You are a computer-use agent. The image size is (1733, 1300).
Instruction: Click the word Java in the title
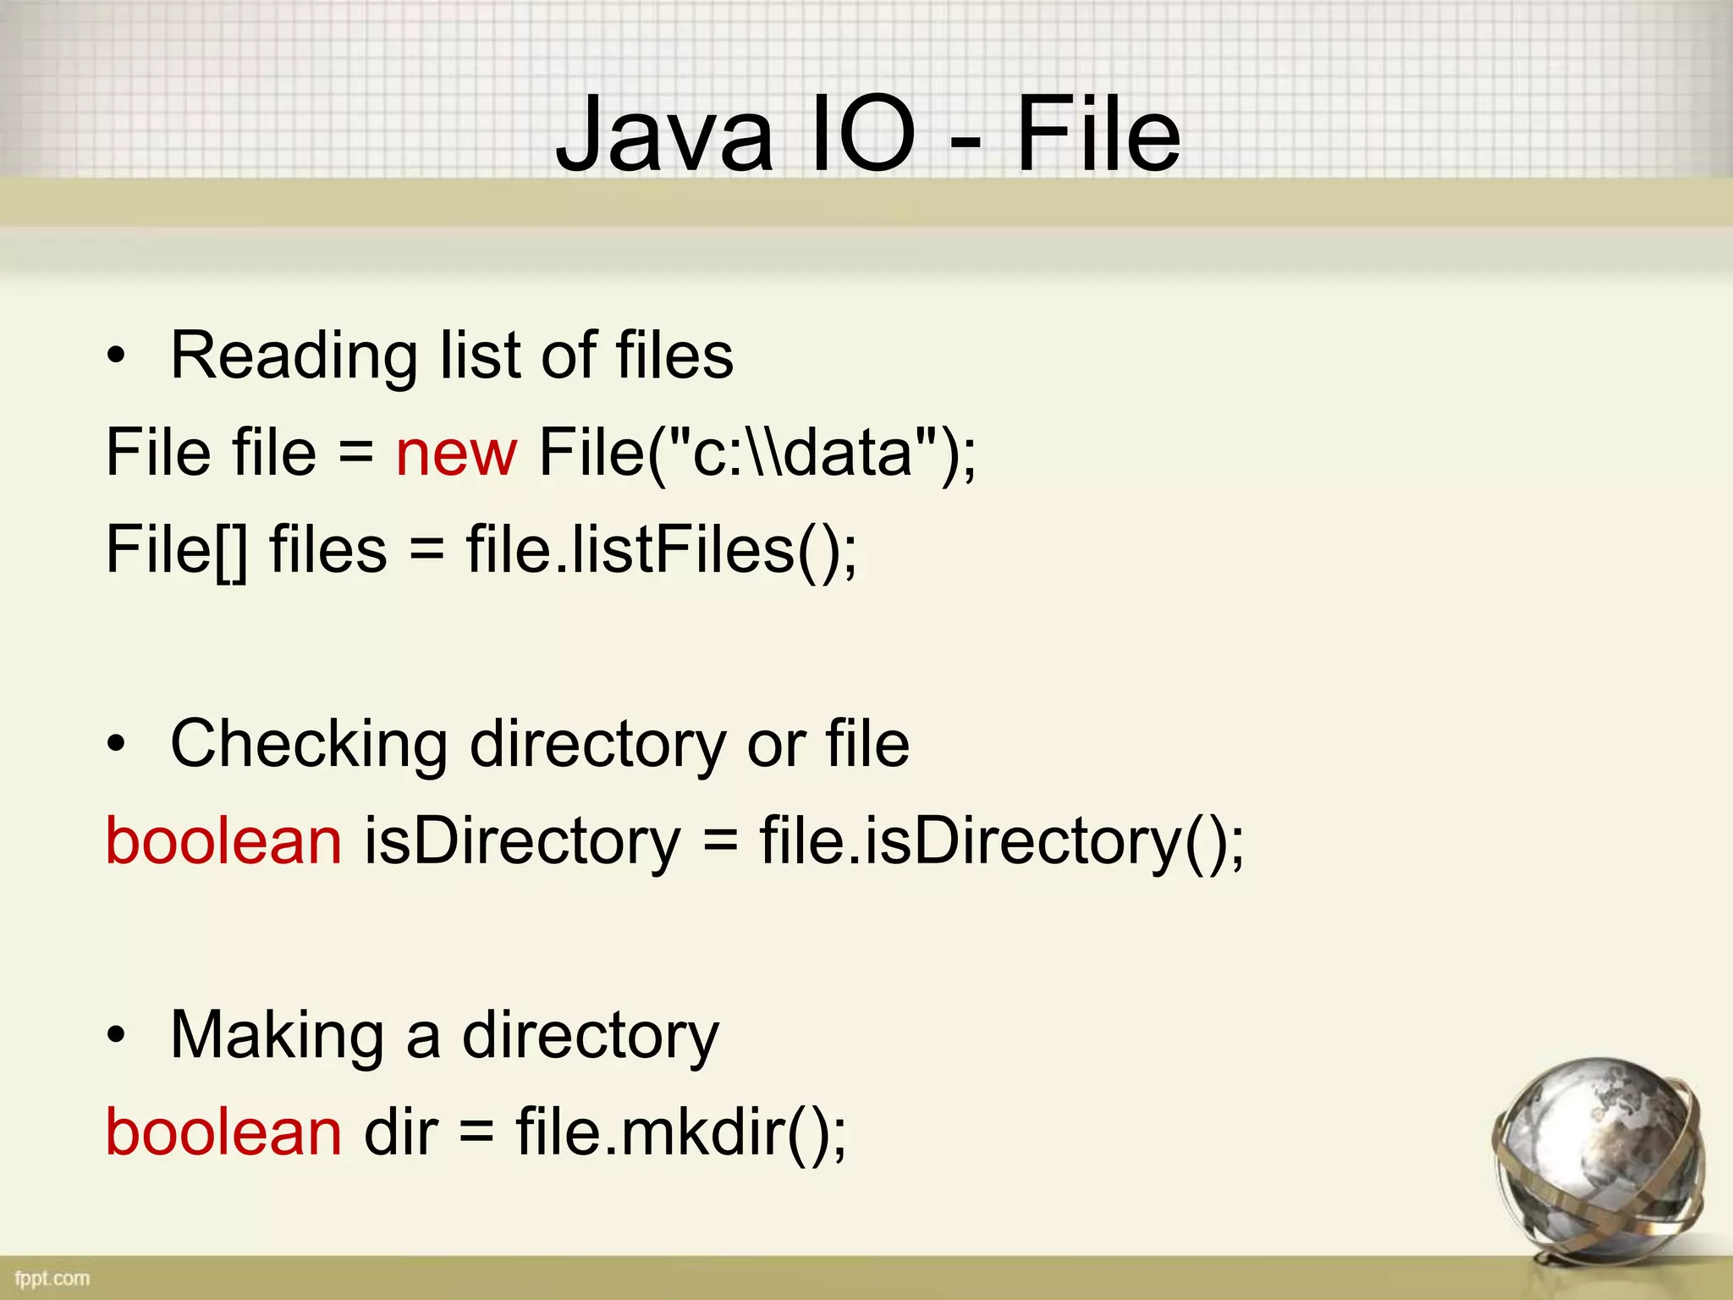[x=664, y=135]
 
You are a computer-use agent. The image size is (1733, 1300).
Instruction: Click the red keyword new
[x=456, y=453]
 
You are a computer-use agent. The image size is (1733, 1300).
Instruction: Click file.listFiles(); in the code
[x=661, y=550]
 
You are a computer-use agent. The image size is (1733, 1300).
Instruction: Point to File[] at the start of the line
[x=177, y=550]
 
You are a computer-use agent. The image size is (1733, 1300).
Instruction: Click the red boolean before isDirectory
[x=223, y=841]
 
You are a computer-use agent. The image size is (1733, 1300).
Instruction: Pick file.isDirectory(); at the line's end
[x=1002, y=841]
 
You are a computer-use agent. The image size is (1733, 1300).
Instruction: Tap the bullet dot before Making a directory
[x=116, y=1036]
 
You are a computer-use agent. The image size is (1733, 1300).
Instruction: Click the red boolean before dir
[x=223, y=1132]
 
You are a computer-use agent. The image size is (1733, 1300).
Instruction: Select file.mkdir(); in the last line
[x=680, y=1132]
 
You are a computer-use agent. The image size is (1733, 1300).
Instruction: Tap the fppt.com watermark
[x=52, y=1278]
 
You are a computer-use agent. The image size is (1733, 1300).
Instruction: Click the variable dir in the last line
[x=401, y=1132]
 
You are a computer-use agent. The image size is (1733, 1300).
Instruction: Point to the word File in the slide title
[x=1098, y=135]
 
